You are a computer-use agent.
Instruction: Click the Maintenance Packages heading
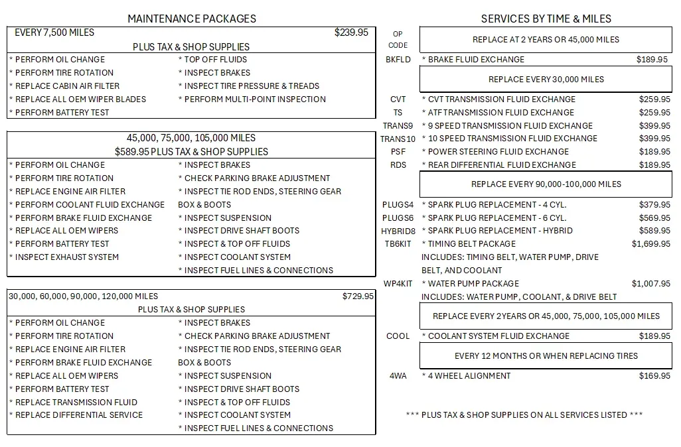191,19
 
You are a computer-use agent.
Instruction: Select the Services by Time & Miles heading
546,19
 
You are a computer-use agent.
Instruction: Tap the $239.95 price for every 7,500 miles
351,32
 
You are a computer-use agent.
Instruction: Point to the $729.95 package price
358,296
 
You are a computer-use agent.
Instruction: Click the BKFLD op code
398,60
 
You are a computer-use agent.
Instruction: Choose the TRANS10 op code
398,139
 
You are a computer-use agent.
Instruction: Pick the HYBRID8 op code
398,231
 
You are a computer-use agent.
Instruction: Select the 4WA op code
398,376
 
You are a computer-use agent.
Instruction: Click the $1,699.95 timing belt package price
650,244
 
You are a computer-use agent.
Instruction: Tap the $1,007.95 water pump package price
650,284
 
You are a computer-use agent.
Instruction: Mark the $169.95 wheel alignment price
654,376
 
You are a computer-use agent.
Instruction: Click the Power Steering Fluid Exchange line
498,152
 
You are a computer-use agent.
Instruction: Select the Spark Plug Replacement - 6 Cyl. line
496,218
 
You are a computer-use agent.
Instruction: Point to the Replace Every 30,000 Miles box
546,80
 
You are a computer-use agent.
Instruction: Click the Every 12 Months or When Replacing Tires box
546,356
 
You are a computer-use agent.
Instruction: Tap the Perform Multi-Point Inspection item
254,99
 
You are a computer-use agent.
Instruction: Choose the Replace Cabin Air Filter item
67,86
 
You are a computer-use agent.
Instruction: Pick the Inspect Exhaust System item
66,257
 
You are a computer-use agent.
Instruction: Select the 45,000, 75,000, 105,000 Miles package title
191,138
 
